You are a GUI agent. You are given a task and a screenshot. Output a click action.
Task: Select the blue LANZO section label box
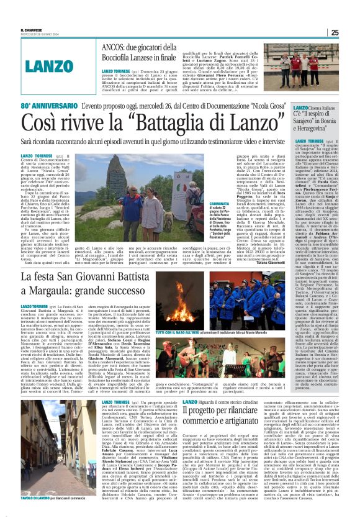pos(49,65)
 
